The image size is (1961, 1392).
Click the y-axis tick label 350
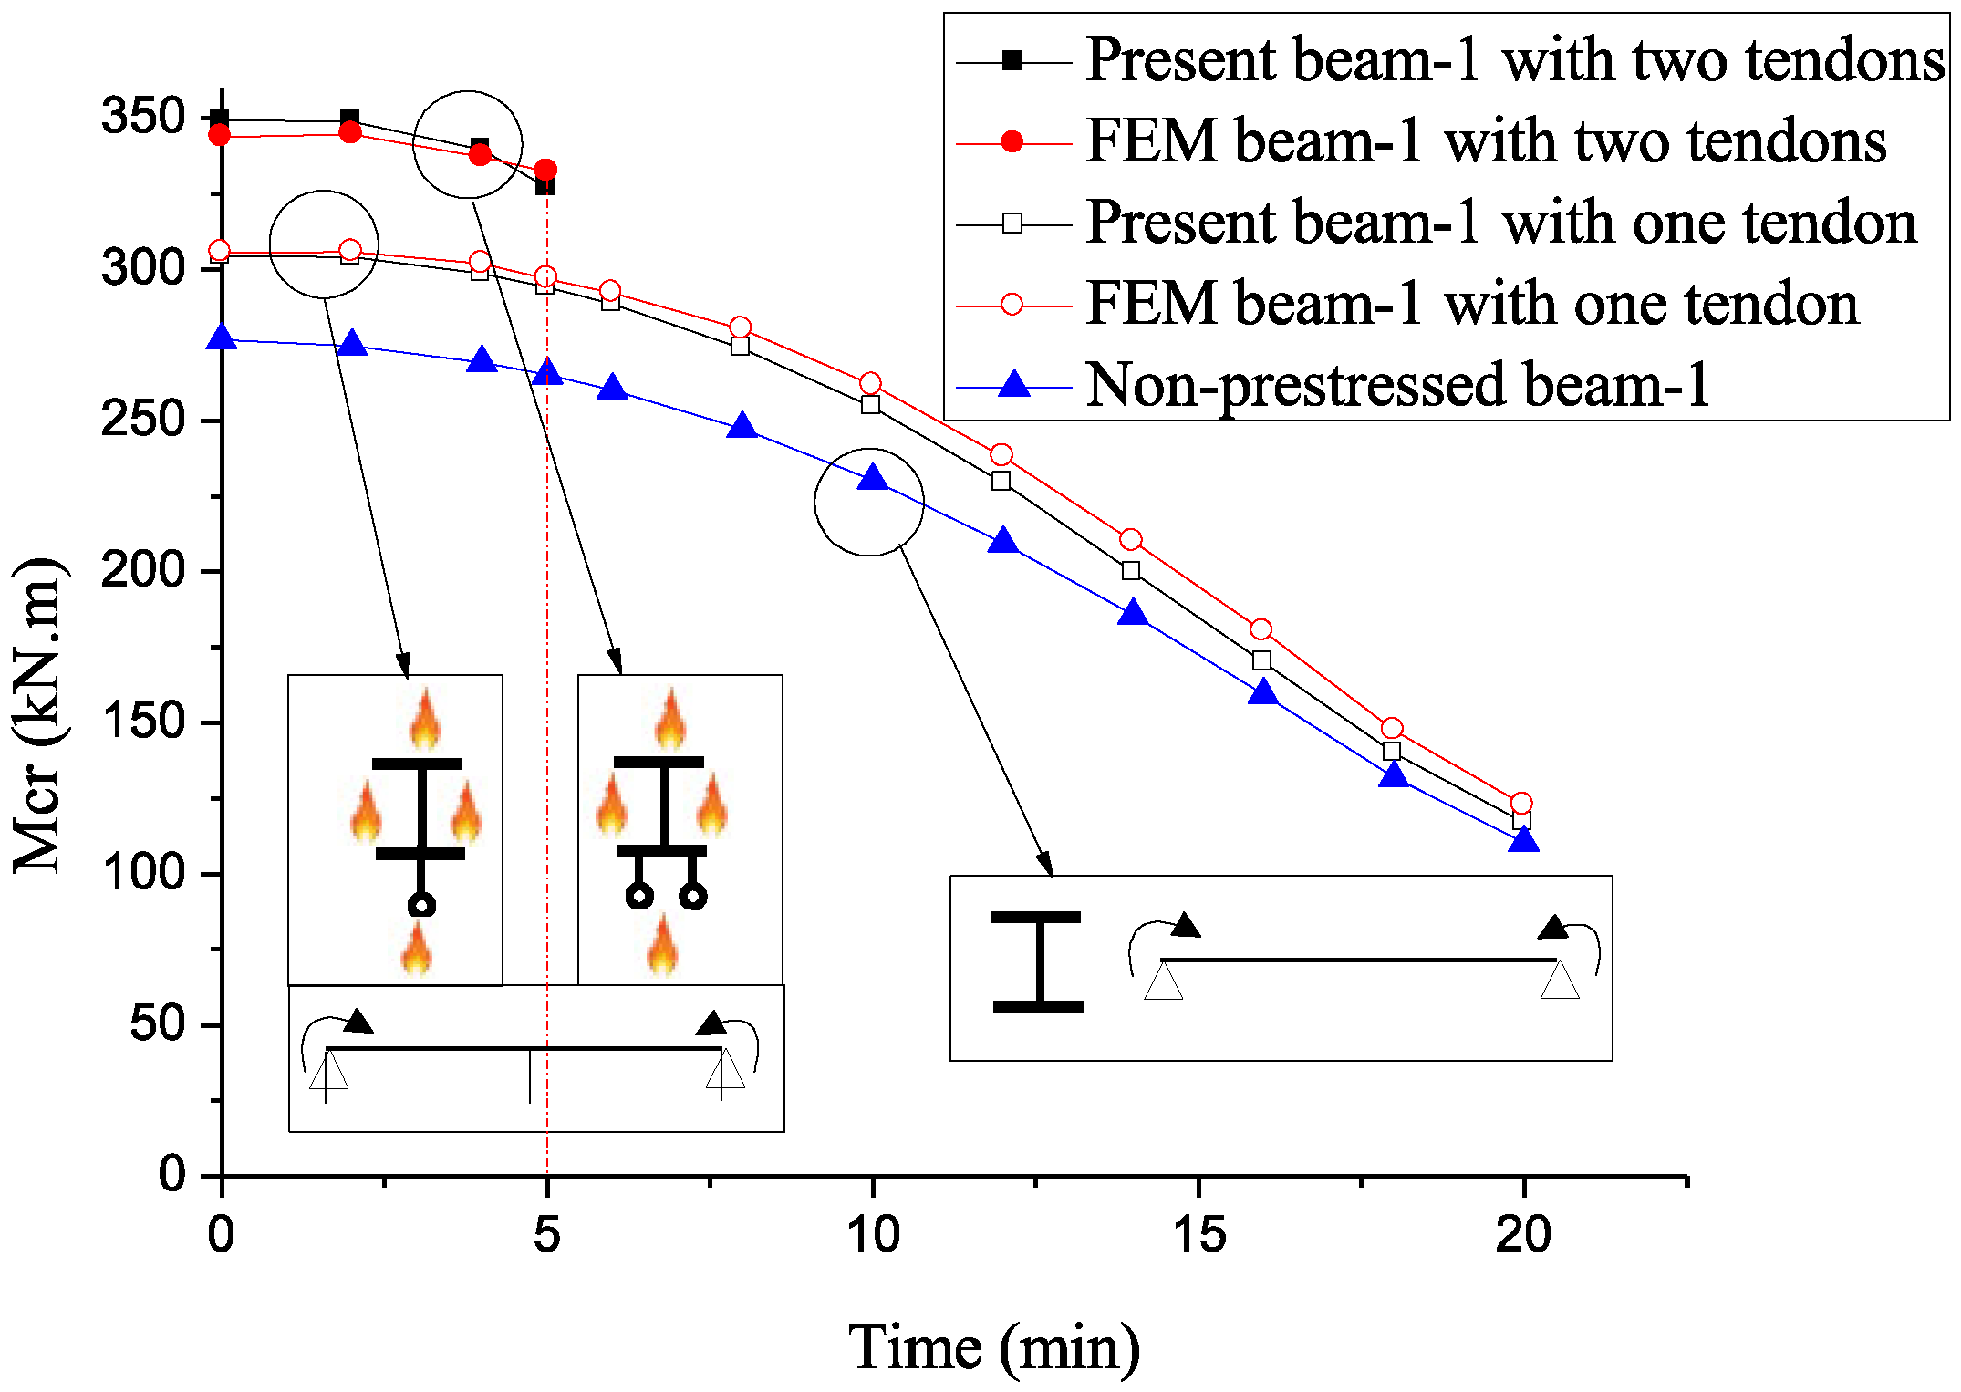tap(143, 117)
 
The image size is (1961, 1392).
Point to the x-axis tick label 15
tap(1198, 1235)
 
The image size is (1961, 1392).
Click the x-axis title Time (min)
tap(994, 1348)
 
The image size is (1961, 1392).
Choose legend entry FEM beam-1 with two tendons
tap(1486, 141)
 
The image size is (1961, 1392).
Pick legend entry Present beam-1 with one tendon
tap(1501, 223)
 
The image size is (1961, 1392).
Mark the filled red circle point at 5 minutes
tap(545, 170)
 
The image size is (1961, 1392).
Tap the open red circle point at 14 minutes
tap(1131, 540)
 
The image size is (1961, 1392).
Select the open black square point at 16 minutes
tap(1262, 660)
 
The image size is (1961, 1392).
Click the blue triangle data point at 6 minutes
tap(614, 387)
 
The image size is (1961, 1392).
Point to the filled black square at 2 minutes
tap(349, 119)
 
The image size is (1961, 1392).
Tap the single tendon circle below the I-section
tap(420, 905)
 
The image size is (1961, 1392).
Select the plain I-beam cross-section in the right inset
tap(1037, 961)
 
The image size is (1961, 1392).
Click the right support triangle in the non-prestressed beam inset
tap(1560, 981)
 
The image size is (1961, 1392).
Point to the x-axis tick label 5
tap(546, 1235)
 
